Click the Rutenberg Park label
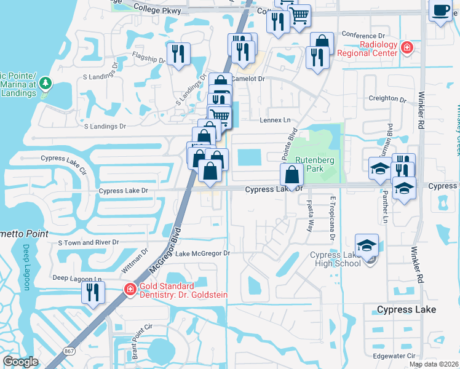[x=309, y=163]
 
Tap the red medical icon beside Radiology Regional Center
[x=406, y=47]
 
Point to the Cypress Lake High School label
[x=335, y=259]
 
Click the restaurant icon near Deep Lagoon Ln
[x=93, y=293]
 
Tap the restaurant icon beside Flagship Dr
[x=178, y=54]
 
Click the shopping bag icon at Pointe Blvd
[x=291, y=175]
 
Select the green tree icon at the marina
[x=44, y=83]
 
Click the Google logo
[x=20, y=362]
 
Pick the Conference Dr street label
[x=363, y=35]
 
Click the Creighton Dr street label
[x=387, y=99]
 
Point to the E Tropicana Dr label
[x=332, y=218]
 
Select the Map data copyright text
[x=434, y=364]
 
